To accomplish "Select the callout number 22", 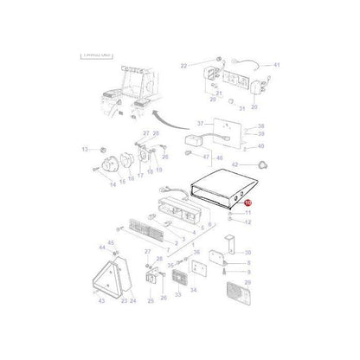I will (183, 65).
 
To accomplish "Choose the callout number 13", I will (85, 149).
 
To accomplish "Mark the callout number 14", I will (112, 183).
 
